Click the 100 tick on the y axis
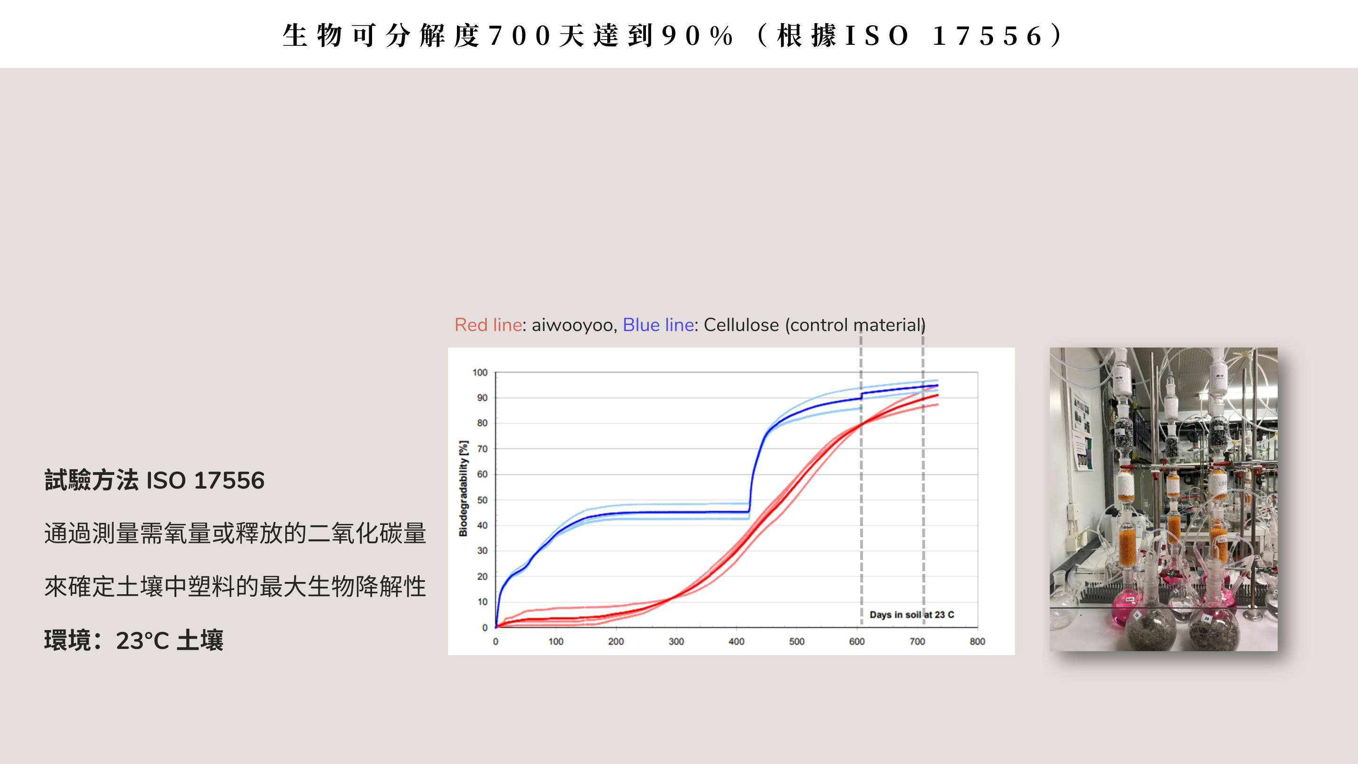click(480, 373)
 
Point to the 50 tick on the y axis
click(482, 500)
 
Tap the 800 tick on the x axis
click(977, 642)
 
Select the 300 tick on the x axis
click(676, 642)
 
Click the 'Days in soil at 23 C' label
click(911, 615)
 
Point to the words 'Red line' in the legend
click(488, 325)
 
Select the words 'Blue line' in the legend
click(658, 325)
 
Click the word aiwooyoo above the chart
click(572, 325)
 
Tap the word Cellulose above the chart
click(741, 325)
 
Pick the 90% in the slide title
click(697, 36)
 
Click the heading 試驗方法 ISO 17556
click(155, 481)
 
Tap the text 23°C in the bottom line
click(142, 640)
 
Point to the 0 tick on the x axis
click(496, 642)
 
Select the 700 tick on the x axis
click(917, 642)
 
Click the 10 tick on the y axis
click(482, 602)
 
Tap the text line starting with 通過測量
click(235, 533)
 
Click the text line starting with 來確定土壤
click(235, 586)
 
